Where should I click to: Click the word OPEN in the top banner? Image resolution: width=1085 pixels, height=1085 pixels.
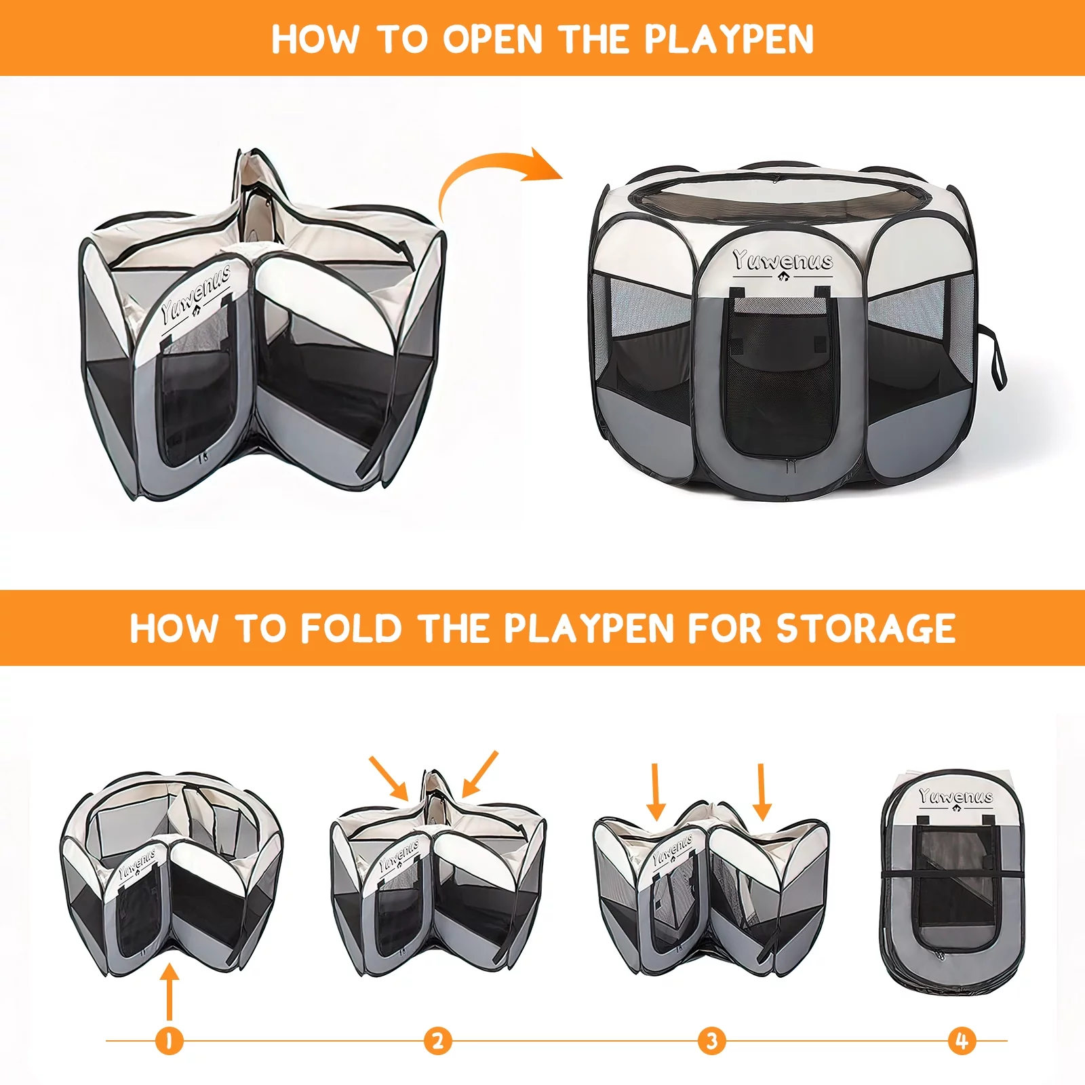pos(493,39)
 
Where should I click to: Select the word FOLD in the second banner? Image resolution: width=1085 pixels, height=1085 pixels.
pos(351,628)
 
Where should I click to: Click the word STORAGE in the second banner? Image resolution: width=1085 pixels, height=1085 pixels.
pos(866,628)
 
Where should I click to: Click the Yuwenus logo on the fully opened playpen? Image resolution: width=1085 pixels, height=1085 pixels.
pos(783,262)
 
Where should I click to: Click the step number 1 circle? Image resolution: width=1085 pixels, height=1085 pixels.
pos(169,1040)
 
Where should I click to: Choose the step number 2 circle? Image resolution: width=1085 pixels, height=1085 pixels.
pos(438,1040)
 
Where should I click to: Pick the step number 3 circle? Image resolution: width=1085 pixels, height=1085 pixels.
pos(712,1040)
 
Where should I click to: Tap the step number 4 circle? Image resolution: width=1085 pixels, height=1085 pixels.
pos(962,1040)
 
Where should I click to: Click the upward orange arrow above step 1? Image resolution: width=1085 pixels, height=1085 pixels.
pos(170,992)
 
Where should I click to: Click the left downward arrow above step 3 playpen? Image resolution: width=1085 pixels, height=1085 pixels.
pos(656,792)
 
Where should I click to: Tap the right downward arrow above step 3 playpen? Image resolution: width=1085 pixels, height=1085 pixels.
pos(762,792)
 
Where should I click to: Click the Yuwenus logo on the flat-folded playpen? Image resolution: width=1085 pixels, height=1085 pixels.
pos(955,797)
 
